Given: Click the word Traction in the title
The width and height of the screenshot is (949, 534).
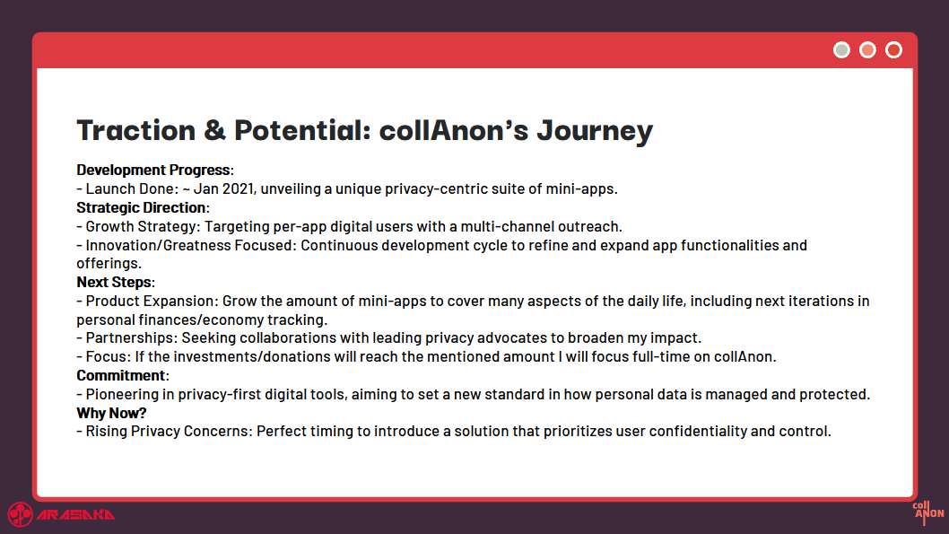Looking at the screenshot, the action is click(x=136, y=130).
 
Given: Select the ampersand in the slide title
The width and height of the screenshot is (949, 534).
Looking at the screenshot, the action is click(x=215, y=130).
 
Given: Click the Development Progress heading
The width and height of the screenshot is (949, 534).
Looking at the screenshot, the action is click(x=153, y=171).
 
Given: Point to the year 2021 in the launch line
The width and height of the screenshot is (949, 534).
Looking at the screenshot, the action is click(x=238, y=188).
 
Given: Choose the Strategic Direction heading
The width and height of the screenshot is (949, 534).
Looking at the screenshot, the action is click(x=141, y=207).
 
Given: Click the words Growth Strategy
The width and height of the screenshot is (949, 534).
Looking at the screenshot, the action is click(x=141, y=226).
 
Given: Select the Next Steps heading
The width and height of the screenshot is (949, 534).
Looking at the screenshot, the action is click(x=114, y=282).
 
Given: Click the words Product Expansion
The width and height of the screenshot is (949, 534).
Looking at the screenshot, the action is click(x=150, y=301).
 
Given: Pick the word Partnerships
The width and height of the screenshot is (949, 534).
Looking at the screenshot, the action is click(x=129, y=337).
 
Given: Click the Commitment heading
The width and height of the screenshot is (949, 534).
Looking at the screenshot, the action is click(x=121, y=375).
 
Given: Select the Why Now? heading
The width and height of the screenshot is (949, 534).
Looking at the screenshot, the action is click(x=111, y=413).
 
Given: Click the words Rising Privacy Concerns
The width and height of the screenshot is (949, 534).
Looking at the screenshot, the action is click(x=167, y=431).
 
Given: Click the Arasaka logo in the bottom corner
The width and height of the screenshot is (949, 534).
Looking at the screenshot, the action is click(x=61, y=514).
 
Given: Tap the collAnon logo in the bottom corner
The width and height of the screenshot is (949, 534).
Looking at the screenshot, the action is click(x=927, y=512).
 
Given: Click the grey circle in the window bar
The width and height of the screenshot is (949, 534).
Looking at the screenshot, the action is click(x=841, y=50).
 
